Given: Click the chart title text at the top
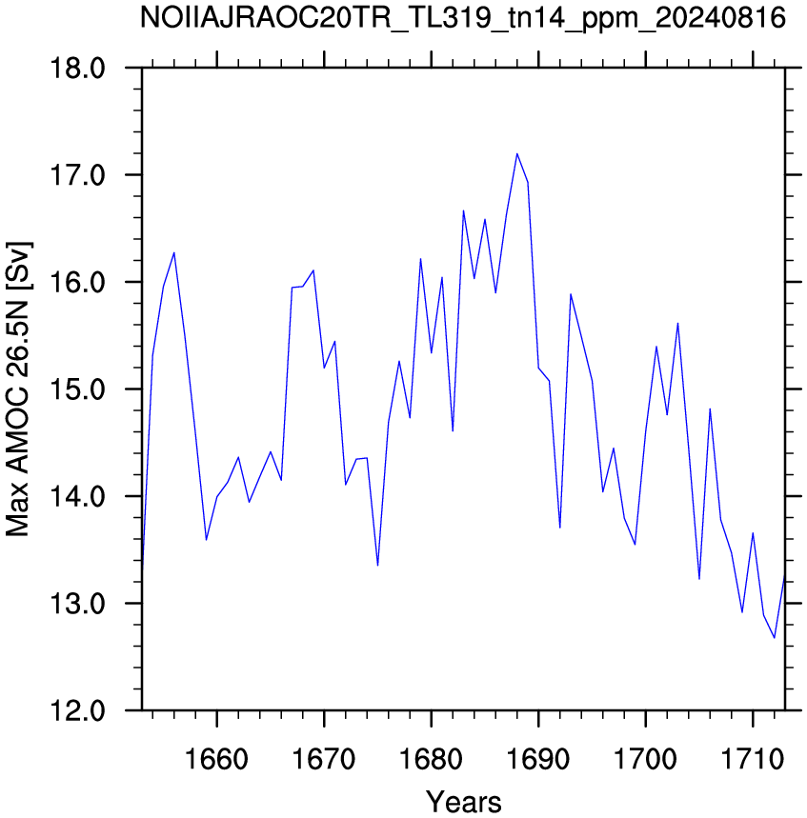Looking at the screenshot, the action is [463, 18].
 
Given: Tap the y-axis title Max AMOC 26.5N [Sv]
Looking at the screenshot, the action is [18, 389].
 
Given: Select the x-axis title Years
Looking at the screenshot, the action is [463, 802].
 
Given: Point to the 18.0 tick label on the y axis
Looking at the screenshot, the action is [77, 68].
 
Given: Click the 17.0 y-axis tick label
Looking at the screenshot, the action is [77, 175].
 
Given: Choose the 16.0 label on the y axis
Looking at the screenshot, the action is [77, 282].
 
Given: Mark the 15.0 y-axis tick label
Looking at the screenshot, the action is [77, 389].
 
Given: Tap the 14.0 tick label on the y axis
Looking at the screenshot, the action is [77, 496].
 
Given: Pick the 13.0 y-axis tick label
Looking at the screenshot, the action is [77, 604].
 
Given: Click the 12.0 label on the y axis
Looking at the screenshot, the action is [77, 710].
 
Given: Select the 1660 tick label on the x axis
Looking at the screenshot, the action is [216, 760].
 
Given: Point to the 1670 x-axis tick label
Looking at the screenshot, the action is [324, 760].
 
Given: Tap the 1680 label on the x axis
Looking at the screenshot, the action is [432, 760].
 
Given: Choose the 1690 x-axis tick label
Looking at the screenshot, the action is [538, 760].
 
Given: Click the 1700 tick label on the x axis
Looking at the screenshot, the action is [646, 760].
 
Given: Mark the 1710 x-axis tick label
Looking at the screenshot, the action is [753, 760].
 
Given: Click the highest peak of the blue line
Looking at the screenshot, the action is [516, 154].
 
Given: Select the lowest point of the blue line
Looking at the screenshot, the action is [774, 637].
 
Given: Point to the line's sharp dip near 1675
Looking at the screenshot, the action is [377, 565].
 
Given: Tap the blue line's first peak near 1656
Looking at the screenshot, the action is [173, 253].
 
